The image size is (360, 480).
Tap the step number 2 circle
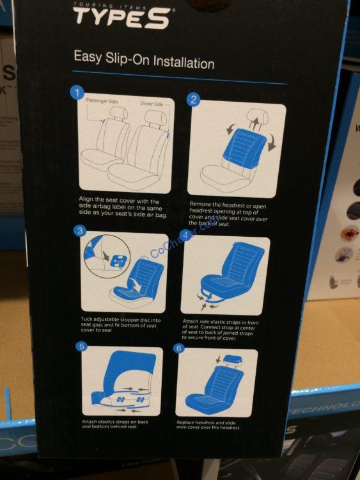point(193,100)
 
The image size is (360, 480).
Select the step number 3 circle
point(81,231)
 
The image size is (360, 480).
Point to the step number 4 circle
point(185,236)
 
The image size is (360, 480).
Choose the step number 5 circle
point(81,347)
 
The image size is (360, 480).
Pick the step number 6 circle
point(180,348)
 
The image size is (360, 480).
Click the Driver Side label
point(152,102)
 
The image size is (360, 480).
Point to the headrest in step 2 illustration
point(255,119)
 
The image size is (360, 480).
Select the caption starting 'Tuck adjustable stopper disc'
point(120,324)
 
